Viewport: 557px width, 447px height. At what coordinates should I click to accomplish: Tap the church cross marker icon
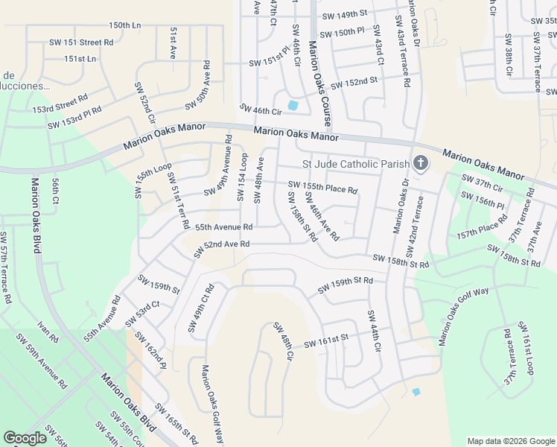[421, 163]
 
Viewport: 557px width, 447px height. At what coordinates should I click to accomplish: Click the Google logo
[25, 438]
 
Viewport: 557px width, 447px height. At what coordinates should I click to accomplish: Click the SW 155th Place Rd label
[322, 187]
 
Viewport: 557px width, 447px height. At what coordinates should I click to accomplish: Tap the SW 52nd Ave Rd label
[221, 249]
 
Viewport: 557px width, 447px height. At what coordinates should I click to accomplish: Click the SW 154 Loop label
[242, 177]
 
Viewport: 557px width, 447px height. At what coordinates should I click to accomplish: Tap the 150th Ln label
[124, 25]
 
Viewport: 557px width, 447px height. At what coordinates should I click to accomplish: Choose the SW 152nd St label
[354, 81]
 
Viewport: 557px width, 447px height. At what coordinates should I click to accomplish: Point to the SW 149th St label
[345, 14]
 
